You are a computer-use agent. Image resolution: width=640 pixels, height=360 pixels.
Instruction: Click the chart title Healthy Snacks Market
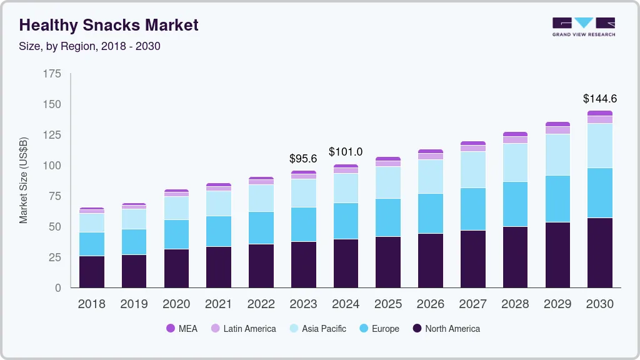point(109,25)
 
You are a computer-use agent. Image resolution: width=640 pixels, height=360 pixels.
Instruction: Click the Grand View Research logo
point(584,26)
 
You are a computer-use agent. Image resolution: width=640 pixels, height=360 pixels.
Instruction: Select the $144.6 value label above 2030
point(600,99)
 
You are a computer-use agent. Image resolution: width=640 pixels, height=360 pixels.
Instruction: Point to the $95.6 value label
point(303,159)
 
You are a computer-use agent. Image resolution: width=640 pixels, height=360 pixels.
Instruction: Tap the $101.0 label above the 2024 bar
point(346,151)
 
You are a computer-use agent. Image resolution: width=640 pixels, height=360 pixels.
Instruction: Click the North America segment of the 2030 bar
point(600,252)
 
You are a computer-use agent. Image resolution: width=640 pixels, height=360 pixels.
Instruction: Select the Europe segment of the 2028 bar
point(515,204)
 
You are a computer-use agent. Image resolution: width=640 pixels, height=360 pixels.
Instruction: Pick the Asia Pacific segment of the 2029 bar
point(557,154)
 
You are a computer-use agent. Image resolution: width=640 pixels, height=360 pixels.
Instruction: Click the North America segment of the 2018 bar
point(92,271)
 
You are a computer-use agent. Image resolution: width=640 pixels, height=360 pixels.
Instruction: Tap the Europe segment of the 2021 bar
point(219,231)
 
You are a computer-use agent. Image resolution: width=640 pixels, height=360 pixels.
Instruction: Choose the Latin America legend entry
point(243,328)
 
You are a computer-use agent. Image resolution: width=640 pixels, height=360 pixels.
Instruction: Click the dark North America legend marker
point(417,328)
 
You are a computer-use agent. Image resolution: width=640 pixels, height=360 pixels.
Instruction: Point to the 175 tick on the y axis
point(52,74)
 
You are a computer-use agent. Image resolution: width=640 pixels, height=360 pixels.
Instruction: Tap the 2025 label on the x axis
point(388,304)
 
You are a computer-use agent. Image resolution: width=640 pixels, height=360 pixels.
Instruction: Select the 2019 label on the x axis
point(134,304)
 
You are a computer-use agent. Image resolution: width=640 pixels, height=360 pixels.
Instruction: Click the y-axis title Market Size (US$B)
point(24,180)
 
